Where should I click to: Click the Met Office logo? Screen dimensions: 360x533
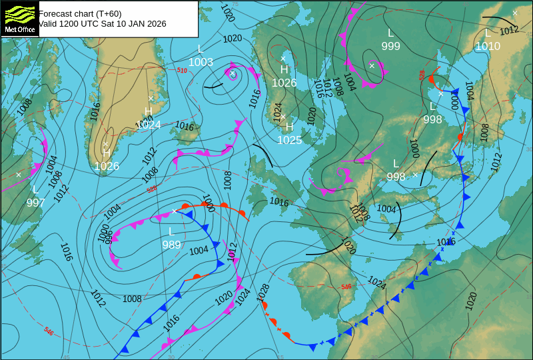click(x=19, y=19)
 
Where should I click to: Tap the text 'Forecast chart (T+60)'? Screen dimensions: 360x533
click(x=80, y=13)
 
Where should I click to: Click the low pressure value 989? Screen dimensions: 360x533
click(x=171, y=245)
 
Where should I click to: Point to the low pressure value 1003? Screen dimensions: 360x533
click(x=201, y=63)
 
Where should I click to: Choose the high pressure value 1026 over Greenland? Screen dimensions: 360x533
click(x=107, y=166)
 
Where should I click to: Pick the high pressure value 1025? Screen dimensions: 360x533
click(x=289, y=140)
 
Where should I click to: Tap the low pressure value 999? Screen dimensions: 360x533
click(x=391, y=45)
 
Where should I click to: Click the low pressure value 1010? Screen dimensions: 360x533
click(x=488, y=46)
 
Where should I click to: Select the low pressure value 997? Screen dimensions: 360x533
click(x=36, y=203)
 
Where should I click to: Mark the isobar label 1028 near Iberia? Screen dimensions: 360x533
click(x=263, y=290)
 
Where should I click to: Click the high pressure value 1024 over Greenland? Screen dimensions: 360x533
click(x=149, y=124)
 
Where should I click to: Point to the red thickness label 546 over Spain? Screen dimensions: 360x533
click(x=346, y=287)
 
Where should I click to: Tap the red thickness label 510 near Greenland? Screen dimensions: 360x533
click(x=182, y=70)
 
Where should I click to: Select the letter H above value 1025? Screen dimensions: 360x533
click(x=289, y=127)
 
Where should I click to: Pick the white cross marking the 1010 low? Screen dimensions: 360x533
click(x=514, y=13)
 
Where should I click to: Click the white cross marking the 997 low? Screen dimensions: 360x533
click(x=19, y=174)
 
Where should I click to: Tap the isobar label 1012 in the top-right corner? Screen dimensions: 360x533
click(x=509, y=30)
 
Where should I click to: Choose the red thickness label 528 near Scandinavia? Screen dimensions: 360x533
click(x=422, y=75)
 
